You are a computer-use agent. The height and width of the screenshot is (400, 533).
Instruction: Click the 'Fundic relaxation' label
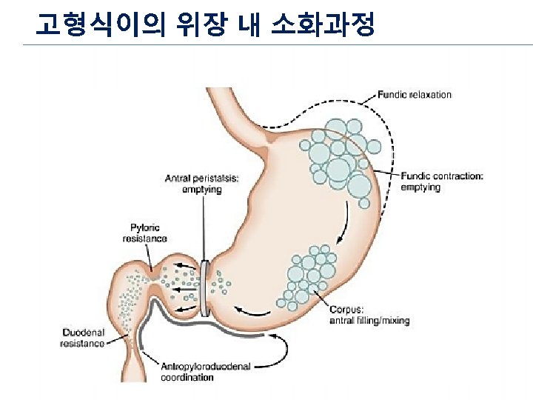(x=415, y=95)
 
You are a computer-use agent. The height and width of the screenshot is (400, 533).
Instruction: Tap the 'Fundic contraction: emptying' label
(x=442, y=181)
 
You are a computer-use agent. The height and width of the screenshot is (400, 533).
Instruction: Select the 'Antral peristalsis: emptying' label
(x=201, y=184)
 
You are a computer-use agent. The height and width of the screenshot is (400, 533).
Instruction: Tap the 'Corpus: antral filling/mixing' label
(x=369, y=316)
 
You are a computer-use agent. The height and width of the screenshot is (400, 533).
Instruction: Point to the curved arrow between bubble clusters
(x=342, y=222)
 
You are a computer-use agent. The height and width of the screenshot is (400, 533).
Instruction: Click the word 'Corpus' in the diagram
(x=344, y=310)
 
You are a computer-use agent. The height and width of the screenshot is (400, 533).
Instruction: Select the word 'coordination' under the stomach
(x=187, y=377)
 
